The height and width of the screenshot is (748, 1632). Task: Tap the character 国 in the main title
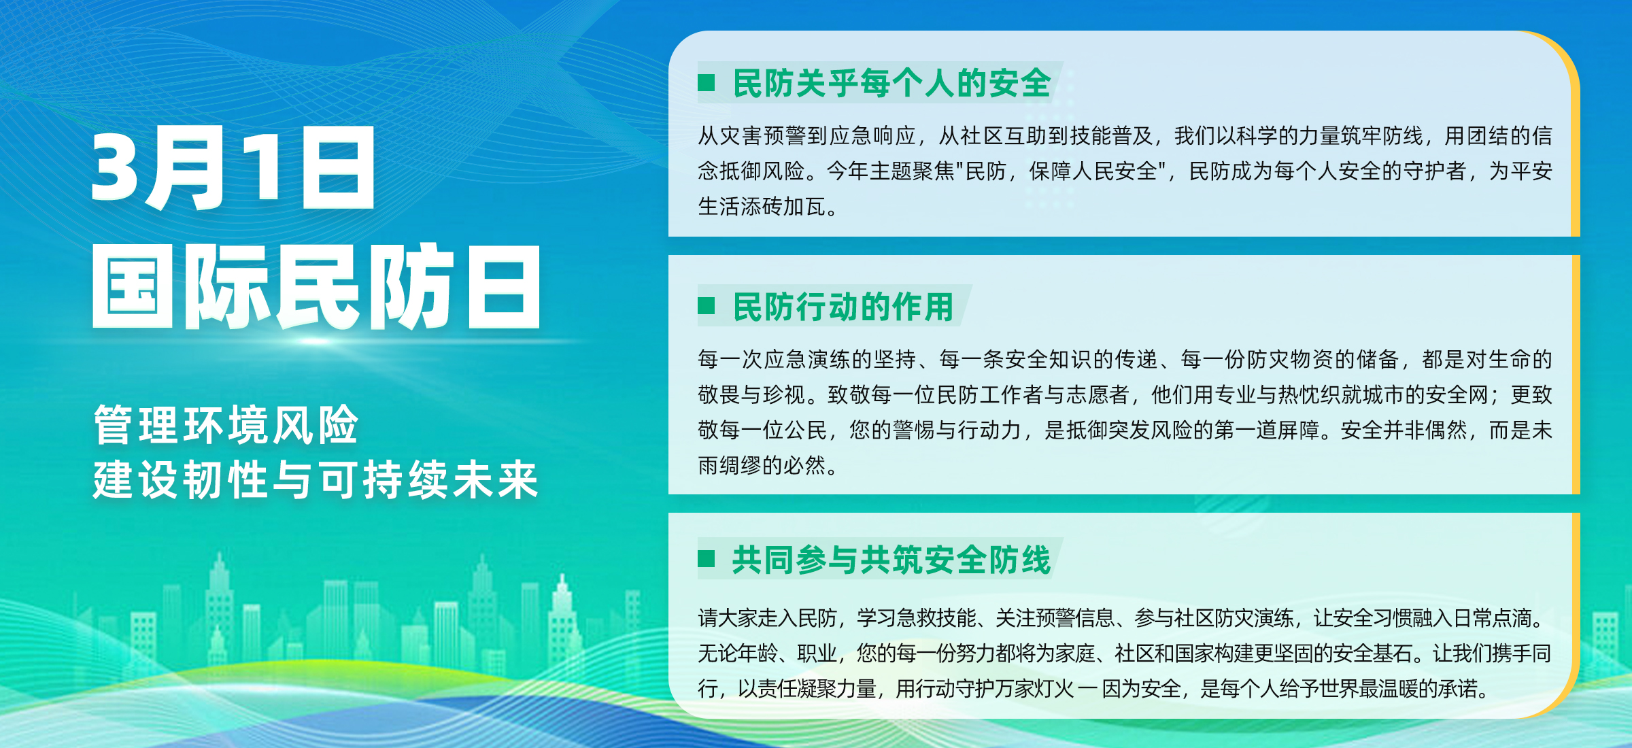click(x=133, y=286)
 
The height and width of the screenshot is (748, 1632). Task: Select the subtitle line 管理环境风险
click(x=226, y=425)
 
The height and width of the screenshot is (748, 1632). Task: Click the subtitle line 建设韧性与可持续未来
click(x=316, y=479)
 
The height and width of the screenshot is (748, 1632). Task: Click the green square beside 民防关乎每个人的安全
click(x=707, y=83)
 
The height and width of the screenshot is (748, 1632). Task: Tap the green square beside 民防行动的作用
click(x=707, y=306)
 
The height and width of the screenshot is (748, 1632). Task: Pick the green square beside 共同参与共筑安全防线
click(x=707, y=559)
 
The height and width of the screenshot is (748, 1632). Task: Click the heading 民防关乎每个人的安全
click(x=892, y=83)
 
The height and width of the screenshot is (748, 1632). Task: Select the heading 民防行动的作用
click(x=843, y=306)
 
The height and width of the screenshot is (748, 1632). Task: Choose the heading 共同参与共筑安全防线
click(x=891, y=559)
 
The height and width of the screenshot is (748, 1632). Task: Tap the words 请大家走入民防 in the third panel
click(x=768, y=617)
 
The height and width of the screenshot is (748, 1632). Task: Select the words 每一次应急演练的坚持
click(x=806, y=358)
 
